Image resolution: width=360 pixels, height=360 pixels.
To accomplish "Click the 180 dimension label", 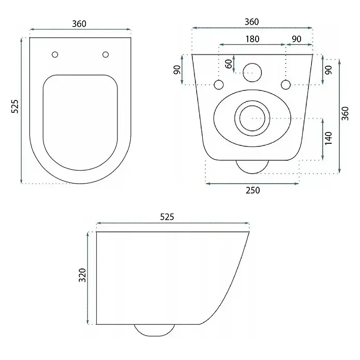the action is click(252, 39).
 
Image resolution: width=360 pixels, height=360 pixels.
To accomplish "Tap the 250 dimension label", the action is click(253, 190).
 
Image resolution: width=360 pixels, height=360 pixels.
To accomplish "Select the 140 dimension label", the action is click(329, 138).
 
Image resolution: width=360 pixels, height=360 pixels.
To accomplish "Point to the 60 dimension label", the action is click(229, 64).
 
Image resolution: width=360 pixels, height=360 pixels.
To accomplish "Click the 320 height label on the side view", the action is click(82, 275).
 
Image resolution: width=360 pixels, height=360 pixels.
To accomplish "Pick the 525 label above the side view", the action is click(167, 217).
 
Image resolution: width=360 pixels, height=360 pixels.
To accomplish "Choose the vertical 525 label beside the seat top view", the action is click(14, 107).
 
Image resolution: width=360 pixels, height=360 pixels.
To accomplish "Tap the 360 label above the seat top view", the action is click(79, 24).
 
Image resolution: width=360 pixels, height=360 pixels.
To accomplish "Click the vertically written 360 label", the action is click(345, 113).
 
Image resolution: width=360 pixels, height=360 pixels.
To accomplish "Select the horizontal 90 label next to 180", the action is click(296, 39).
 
